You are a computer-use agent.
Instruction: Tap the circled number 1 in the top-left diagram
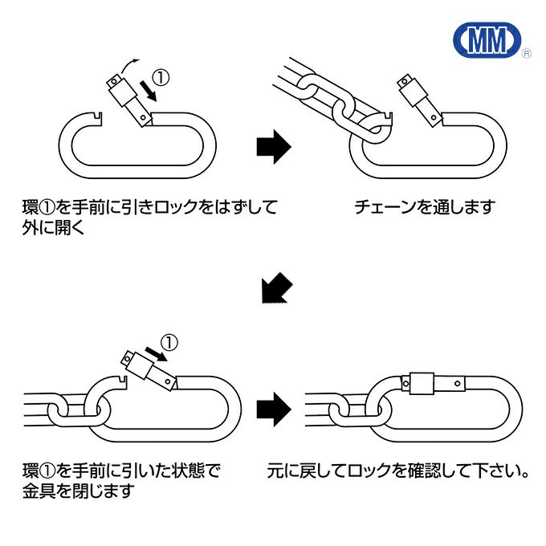(x=162, y=78)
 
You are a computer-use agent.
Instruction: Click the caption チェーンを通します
(x=425, y=207)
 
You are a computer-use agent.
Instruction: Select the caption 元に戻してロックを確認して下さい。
(x=398, y=470)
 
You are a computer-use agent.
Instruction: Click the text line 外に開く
(x=54, y=229)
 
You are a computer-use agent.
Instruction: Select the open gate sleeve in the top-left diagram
(x=129, y=100)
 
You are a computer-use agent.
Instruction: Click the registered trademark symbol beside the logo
(x=526, y=55)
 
